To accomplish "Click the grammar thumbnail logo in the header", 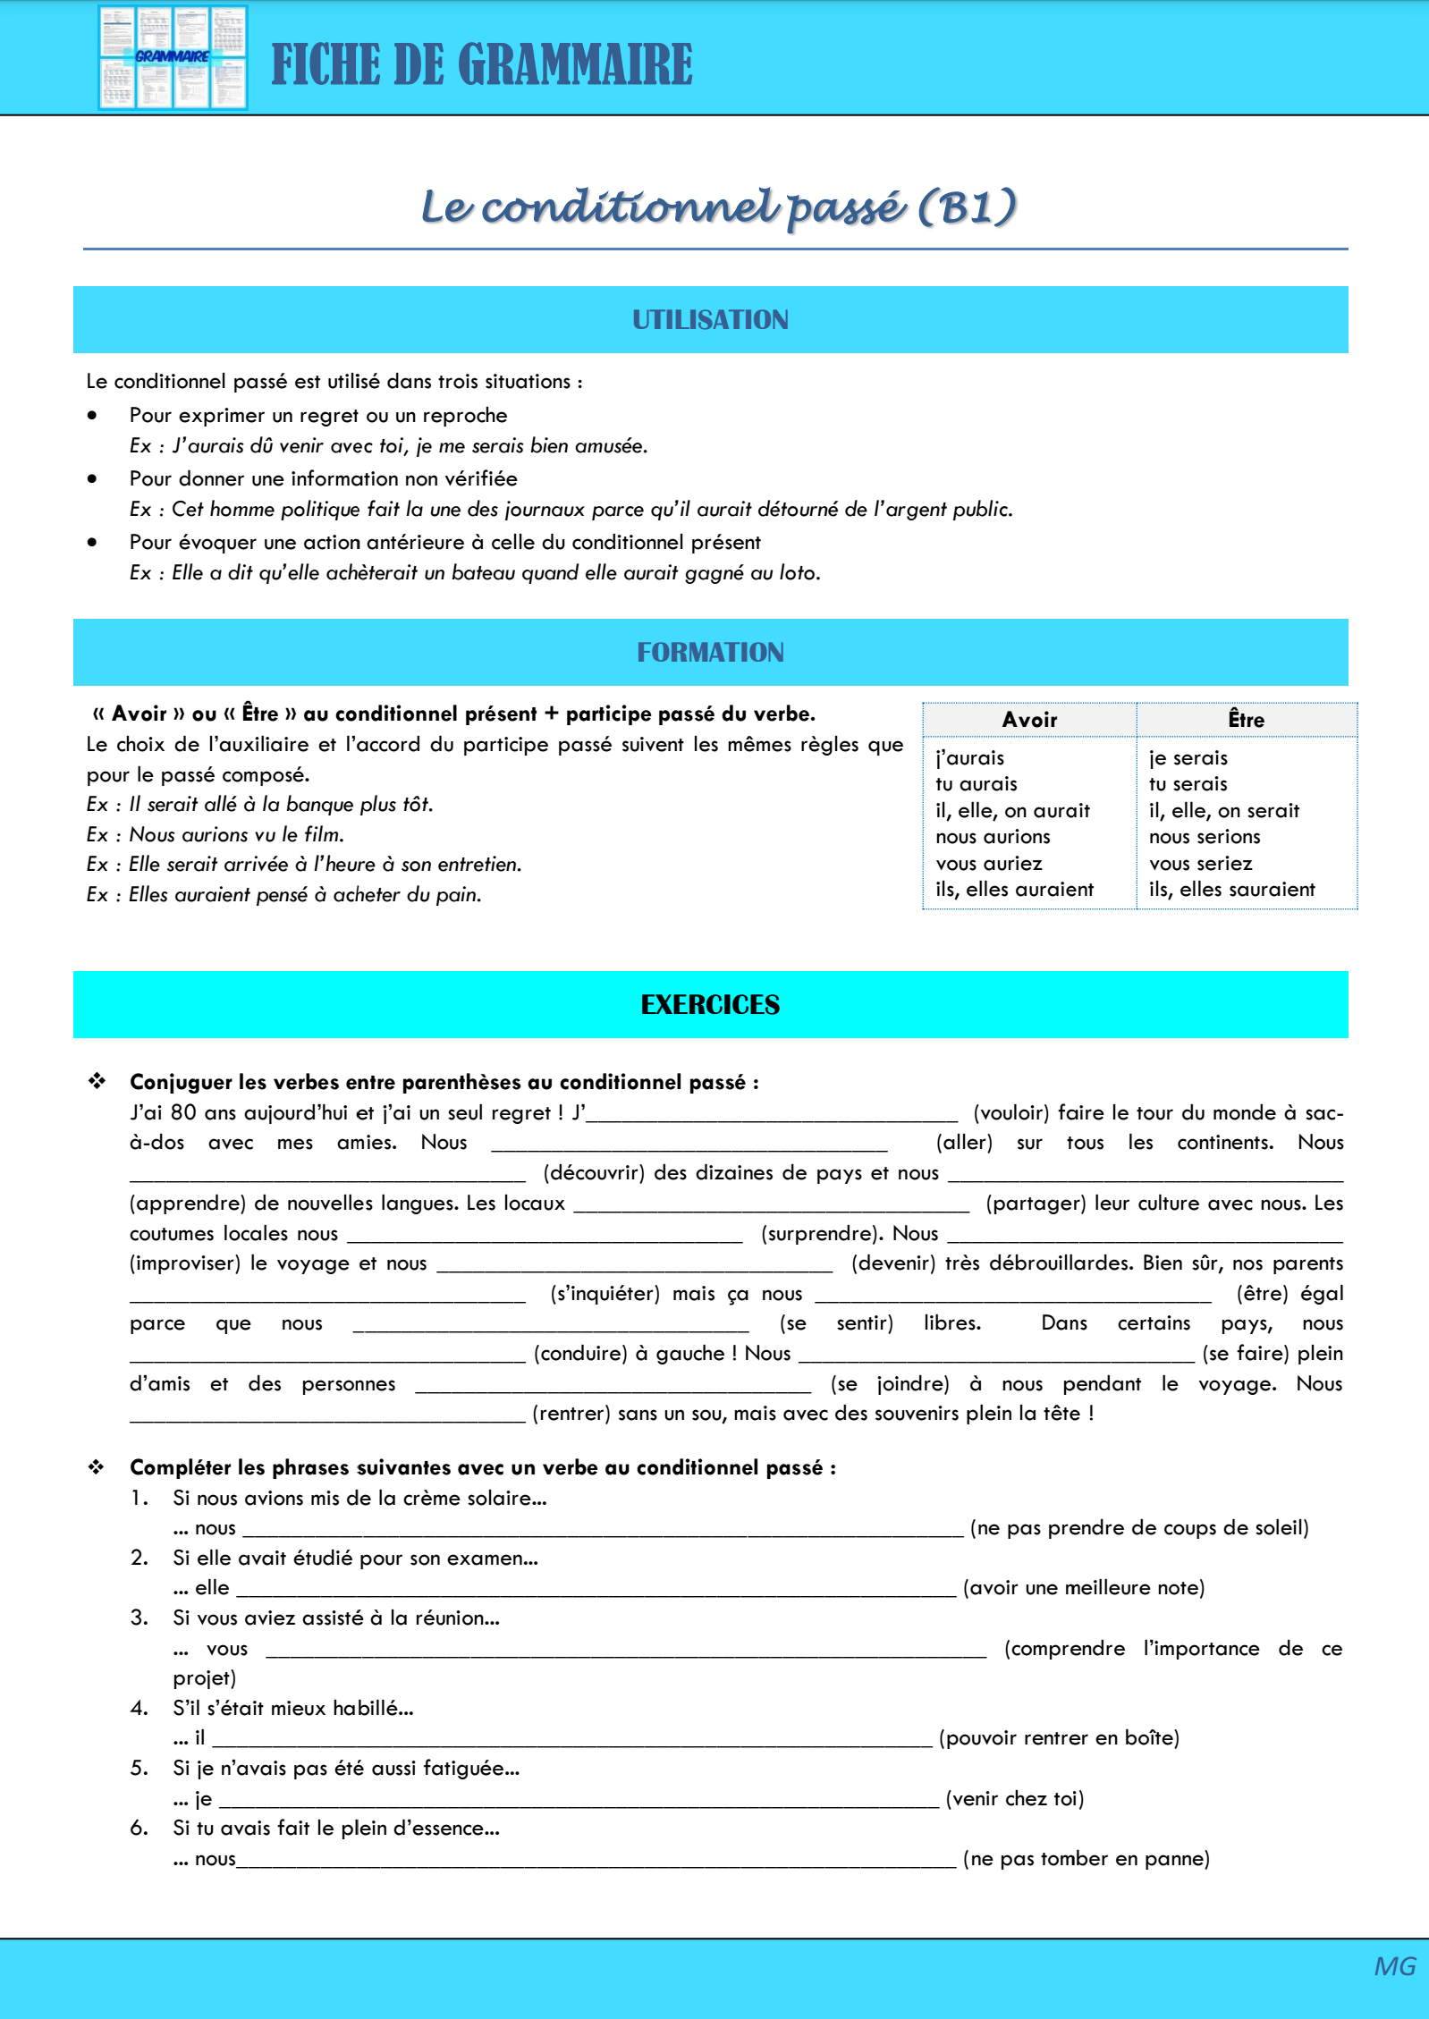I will pyautogui.click(x=173, y=58).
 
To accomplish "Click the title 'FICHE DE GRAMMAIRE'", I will pyautogui.click(x=481, y=64).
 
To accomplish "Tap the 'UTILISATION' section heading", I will pyautogui.click(x=710, y=320).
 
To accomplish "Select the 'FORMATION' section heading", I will pyautogui.click(x=710, y=653).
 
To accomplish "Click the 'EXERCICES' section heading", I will pyautogui.click(x=710, y=1005).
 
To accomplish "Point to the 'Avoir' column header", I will pyautogui.click(x=1029, y=720).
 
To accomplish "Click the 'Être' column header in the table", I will pyautogui.click(x=1246, y=720).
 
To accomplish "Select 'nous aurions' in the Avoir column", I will pyautogui.click(x=993, y=837).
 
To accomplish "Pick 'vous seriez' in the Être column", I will pyautogui.click(x=1200, y=864).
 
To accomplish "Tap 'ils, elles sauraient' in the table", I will pyautogui.click(x=1231, y=890).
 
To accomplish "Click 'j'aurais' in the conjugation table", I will pyautogui.click(x=969, y=758).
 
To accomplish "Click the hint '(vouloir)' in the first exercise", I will pyautogui.click(x=1010, y=1113).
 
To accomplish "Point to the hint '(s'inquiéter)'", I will pyautogui.click(x=605, y=1294).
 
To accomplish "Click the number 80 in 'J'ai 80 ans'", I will pyautogui.click(x=183, y=1113).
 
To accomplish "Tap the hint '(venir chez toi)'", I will pyautogui.click(x=1014, y=1799).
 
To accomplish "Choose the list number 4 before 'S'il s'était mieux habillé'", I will pyautogui.click(x=139, y=1709).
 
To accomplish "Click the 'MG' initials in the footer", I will pyautogui.click(x=1394, y=1967).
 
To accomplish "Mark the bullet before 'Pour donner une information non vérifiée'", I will pyautogui.click(x=92, y=479).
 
